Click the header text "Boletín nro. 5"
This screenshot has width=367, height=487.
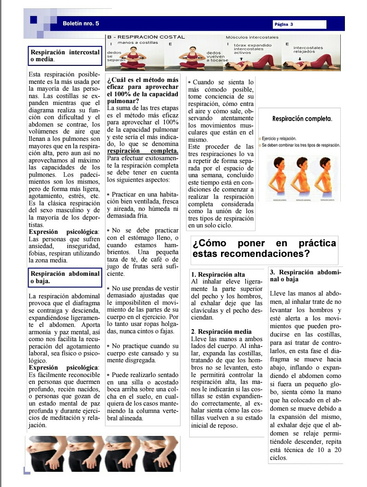coord(81,23)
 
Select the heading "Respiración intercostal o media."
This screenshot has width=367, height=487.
coord(64,56)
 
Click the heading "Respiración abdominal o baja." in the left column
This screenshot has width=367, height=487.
coord(64,277)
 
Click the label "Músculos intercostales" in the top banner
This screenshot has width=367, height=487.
coord(252,37)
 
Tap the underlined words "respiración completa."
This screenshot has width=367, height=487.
coord(142,151)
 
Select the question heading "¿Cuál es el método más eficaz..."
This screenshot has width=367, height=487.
coord(142,90)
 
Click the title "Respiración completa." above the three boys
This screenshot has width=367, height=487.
coord(302,119)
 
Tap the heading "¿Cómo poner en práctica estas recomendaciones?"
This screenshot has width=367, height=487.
coord(264,249)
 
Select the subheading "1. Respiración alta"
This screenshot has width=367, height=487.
coord(218,275)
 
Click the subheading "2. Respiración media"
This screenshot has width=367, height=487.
coord(221,331)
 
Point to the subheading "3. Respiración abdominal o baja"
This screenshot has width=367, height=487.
coord(305,275)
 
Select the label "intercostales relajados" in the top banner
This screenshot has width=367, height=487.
coord(308,50)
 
